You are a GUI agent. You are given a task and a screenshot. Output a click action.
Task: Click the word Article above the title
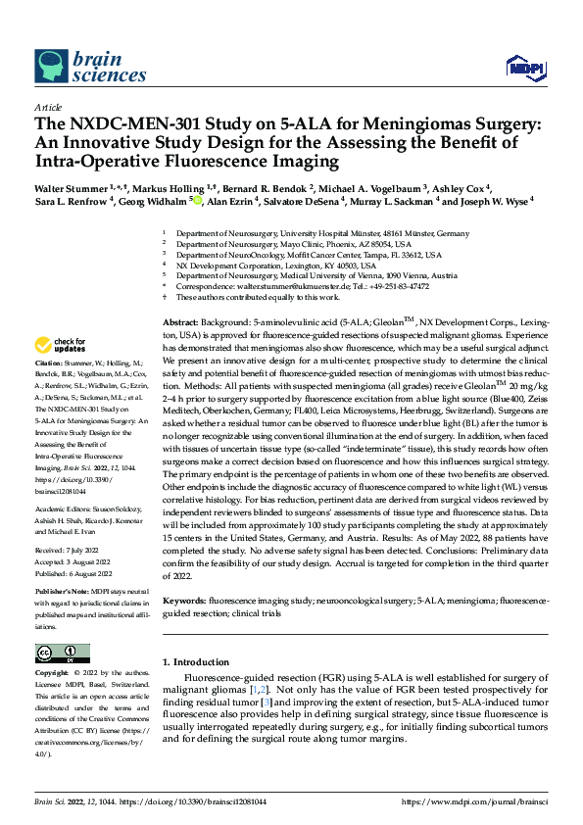48,108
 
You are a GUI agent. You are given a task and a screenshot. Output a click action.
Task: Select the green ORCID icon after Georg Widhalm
197,200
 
